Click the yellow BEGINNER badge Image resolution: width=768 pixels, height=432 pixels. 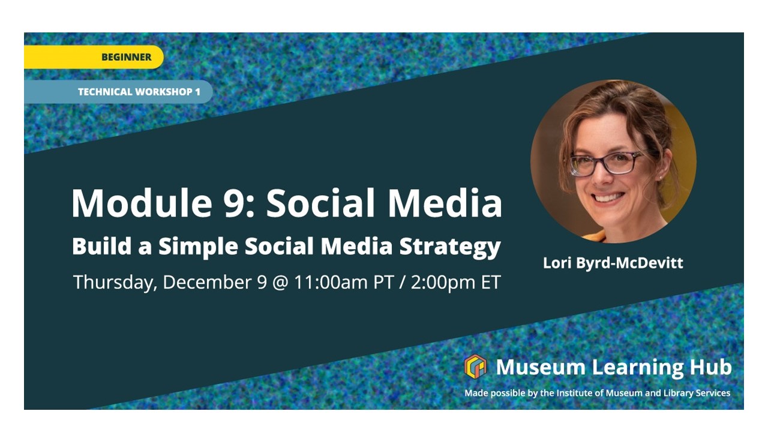point(94,57)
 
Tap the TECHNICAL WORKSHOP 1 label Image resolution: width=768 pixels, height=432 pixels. point(118,92)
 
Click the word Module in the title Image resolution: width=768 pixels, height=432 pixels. point(141,203)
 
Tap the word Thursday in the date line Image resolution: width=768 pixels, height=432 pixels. point(115,283)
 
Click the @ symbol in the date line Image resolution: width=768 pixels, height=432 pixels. point(280,283)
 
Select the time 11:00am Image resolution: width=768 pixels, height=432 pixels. point(331,282)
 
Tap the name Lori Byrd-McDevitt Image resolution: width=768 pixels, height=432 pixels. point(613,263)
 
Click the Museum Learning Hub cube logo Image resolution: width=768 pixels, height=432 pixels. point(475,366)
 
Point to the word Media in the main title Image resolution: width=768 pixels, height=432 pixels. point(445,203)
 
